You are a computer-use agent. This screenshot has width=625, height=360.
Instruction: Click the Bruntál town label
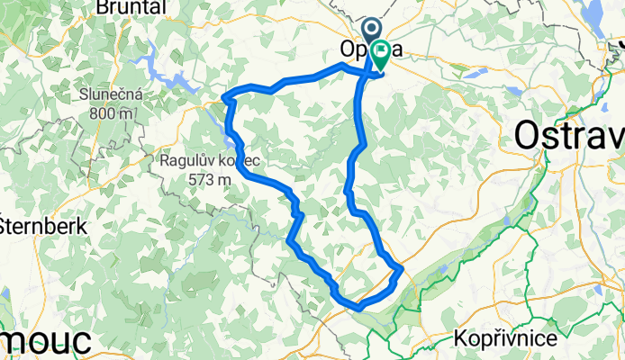pos(132,7)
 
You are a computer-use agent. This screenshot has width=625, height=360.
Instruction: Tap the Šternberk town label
pos(43,225)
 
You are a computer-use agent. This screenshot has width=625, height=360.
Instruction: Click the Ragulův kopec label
pos(209,161)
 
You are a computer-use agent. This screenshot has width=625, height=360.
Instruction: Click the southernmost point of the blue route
pos(358,308)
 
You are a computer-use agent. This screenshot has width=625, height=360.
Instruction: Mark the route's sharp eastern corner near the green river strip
pos(401,269)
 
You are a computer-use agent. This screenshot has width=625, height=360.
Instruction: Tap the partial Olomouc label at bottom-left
pos(45,343)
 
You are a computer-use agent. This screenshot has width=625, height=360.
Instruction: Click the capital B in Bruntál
pos(102,7)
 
